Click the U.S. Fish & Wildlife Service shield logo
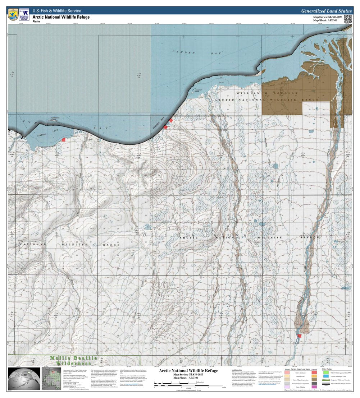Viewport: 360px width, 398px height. click(x=13, y=14)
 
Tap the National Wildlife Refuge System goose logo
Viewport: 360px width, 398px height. click(x=24, y=15)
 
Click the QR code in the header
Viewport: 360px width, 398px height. click(x=347, y=19)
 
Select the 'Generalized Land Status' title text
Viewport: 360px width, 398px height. click(x=326, y=11)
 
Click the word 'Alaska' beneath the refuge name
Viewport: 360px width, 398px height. click(x=37, y=22)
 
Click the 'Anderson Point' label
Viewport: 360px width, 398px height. click(x=200, y=91)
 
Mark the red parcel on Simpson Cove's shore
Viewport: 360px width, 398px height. click(x=64, y=139)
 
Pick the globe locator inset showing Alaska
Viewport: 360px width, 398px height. click(x=23, y=379)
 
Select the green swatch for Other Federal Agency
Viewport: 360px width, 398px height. click(x=325, y=373)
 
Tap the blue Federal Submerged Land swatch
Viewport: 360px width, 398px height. click(x=325, y=376)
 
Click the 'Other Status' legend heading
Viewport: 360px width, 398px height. click(x=327, y=369)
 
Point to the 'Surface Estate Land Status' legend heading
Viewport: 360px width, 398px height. click(x=301, y=369)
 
